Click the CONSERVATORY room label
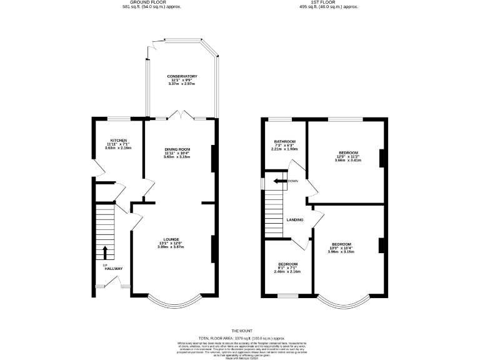182,76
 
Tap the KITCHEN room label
119,140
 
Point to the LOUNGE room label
171,239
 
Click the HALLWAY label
114,269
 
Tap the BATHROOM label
284,142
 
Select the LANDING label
295,220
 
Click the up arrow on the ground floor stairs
105,252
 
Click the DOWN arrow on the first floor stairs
279,181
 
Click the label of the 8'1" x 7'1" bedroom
287,264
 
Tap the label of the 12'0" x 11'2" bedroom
348,152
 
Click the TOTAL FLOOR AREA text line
240,337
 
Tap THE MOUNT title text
240,331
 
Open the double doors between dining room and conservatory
182,116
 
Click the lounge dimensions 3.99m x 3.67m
171,247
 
